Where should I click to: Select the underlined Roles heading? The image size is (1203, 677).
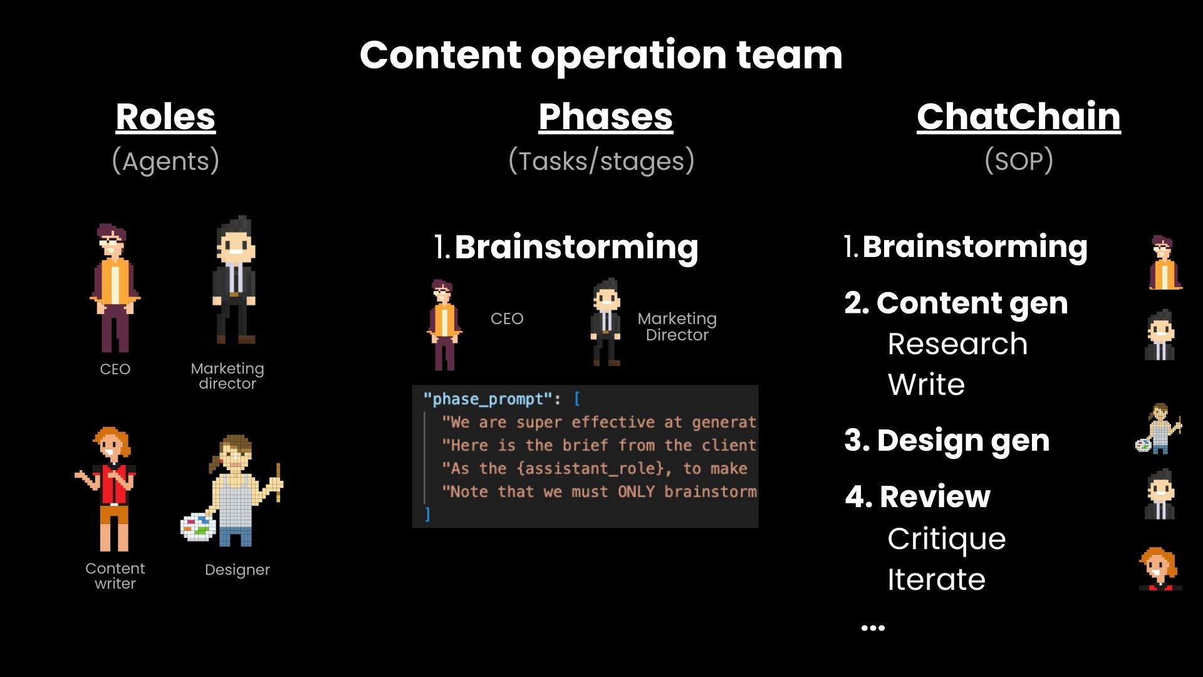165,117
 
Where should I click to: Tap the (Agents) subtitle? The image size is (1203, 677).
165,161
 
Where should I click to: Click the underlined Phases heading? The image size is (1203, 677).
605,117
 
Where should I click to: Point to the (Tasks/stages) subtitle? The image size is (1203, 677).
601,161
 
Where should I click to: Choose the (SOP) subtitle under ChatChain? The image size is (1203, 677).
1019,161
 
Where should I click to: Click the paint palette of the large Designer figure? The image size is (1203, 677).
197,527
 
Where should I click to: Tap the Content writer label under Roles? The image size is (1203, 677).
115,575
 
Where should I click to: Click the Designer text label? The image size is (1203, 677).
237,570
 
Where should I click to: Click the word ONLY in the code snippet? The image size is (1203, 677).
636,491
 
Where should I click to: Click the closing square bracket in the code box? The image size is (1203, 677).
428,515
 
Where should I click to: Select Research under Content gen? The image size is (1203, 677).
957,344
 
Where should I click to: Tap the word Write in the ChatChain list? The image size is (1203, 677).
926,384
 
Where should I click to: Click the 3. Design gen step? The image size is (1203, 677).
947,440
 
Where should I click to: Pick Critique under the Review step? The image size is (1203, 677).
946,539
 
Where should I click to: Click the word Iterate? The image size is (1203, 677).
936,579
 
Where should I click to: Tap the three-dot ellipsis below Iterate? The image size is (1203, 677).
873,627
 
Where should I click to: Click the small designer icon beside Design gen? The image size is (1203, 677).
1159,429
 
